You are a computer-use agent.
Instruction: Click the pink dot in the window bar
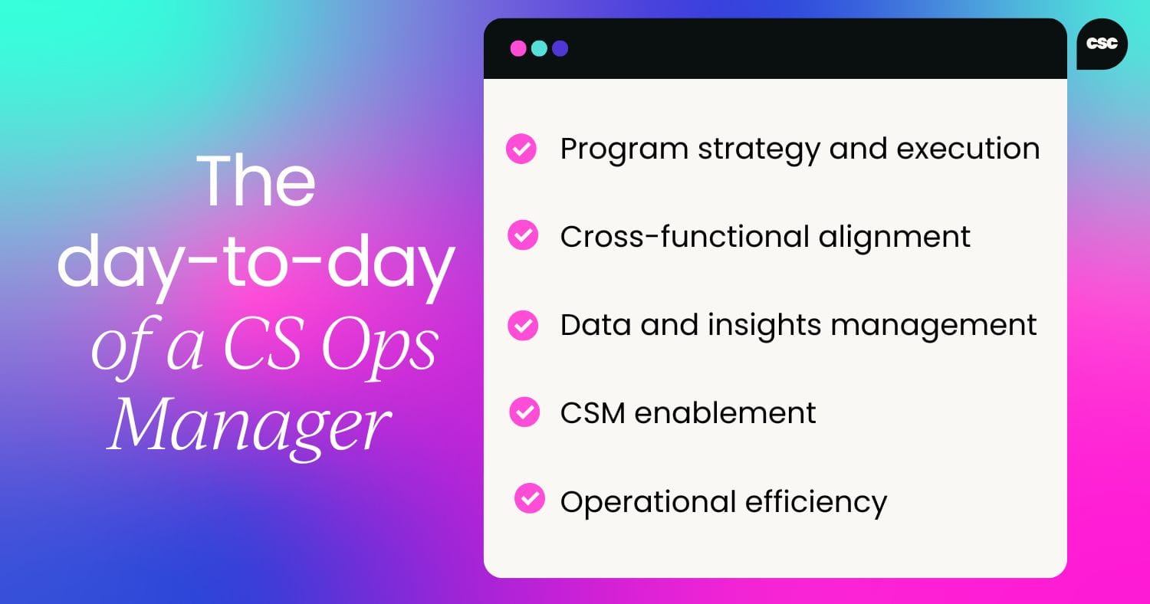(518, 48)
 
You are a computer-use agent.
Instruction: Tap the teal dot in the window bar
(539, 48)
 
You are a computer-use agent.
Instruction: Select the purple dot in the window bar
(560, 48)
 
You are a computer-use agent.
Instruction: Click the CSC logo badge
(1102, 44)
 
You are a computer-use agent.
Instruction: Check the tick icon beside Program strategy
(521, 149)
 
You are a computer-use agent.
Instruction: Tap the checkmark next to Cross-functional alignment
(523, 236)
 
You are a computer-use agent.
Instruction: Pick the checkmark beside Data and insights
(523, 325)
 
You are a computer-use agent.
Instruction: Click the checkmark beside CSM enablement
(524, 413)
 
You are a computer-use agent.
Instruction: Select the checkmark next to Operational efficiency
(529, 499)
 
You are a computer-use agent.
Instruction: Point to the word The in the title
(257, 185)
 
